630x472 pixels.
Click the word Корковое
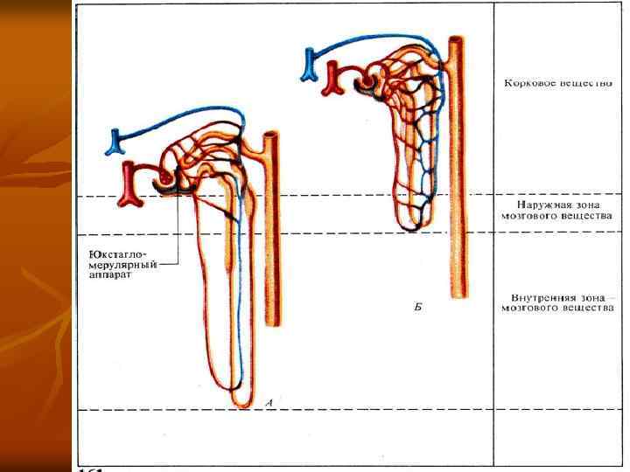tap(528, 85)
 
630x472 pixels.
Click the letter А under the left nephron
tap(269, 402)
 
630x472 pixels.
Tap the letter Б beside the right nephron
tap(417, 308)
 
